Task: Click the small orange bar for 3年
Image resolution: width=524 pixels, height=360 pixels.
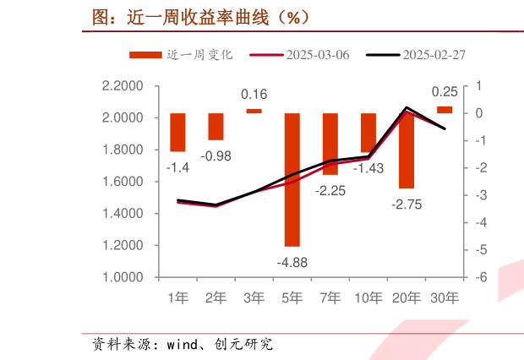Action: pos(254,111)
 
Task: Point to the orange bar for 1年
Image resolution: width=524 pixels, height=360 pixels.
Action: pos(177,132)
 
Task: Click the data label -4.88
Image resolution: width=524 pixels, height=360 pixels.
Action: pos(292,262)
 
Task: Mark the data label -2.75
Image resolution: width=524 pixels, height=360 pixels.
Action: pos(407,204)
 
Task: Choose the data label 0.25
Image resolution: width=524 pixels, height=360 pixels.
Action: pos(445,91)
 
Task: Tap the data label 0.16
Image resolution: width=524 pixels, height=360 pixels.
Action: pos(254,95)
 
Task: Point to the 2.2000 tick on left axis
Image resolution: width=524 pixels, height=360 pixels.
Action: pos(122,86)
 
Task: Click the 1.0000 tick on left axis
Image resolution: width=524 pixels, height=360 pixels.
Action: pos(122,277)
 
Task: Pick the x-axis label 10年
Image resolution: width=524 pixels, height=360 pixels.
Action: pos(368,297)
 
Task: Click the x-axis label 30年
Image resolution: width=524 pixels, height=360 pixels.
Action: pos(445,297)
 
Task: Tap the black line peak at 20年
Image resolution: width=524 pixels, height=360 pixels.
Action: pos(407,107)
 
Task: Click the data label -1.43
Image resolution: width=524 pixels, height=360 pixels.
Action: pos(368,168)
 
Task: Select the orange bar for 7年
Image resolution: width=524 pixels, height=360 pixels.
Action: pos(330,144)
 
